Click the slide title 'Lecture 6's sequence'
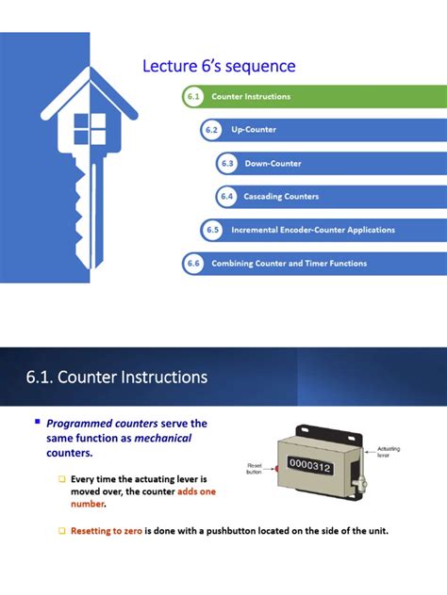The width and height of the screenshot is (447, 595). click(219, 66)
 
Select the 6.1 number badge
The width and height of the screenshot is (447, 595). click(193, 97)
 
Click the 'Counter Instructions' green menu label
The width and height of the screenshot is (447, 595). click(251, 97)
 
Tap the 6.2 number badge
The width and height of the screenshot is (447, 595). click(211, 130)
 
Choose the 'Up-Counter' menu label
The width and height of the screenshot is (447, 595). click(254, 130)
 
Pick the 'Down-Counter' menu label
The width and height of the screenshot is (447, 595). click(273, 164)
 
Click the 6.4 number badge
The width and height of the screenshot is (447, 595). click(226, 197)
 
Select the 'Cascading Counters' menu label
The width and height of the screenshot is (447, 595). click(281, 197)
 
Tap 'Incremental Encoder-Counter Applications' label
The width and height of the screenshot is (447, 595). click(313, 230)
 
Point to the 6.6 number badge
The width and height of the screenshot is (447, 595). click(193, 264)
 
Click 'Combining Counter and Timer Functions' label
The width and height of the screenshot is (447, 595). click(289, 264)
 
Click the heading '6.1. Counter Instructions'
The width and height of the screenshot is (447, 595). click(116, 378)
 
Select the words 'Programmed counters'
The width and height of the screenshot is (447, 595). click(102, 424)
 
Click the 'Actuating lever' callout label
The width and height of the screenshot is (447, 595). click(389, 452)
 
